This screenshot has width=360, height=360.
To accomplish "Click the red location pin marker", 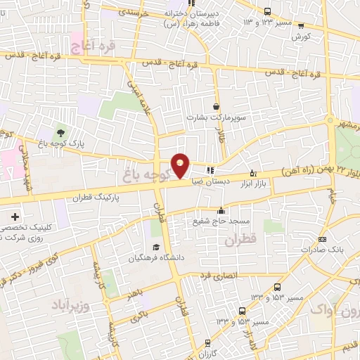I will pyautogui.click(x=181, y=165).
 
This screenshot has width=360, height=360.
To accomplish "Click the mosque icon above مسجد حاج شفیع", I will pyautogui.click(x=221, y=210).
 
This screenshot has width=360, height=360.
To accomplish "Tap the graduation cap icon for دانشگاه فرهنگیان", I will pyautogui.click(x=155, y=247).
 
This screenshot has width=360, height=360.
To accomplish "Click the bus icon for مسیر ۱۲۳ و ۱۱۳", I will pyautogui.click(x=266, y=11).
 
